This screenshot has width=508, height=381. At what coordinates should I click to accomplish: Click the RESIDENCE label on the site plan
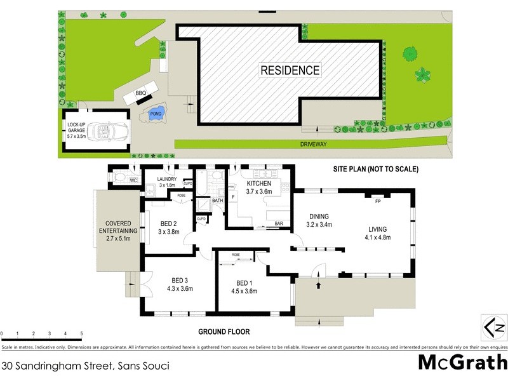(290, 70)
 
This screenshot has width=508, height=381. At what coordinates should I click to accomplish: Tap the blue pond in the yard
(154, 114)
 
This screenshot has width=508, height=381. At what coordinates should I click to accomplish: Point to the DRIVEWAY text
(314, 145)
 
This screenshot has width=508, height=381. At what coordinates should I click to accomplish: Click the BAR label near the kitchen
(279, 224)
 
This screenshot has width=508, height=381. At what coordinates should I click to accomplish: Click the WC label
(133, 181)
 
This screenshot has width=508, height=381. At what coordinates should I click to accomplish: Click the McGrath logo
(462, 362)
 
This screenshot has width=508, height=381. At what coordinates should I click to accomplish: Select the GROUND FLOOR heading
(224, 331)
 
